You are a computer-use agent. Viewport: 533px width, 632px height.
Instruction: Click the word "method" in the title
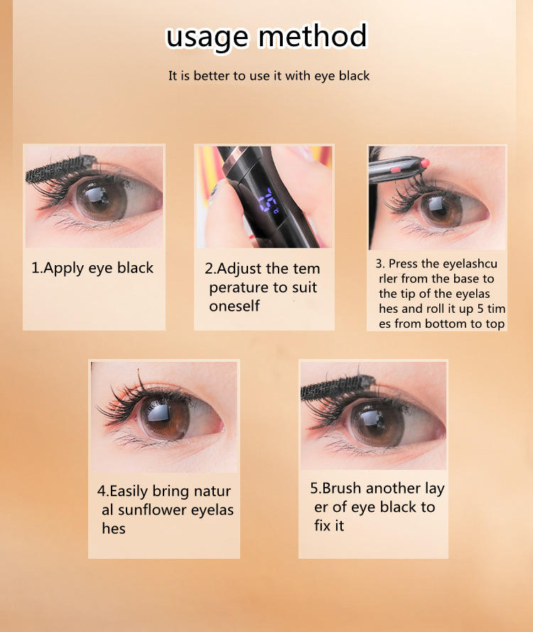coord(313,36)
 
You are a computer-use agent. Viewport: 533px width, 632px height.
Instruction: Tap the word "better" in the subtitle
coord(212,75)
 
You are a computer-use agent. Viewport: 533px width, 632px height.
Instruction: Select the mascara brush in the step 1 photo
coord(60,168)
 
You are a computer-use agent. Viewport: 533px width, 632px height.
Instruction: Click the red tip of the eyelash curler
coord(424,164)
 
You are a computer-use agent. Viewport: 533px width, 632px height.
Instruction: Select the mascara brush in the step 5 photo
coord(338,387)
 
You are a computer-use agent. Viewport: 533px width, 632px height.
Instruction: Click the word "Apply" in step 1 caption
coord(64,269)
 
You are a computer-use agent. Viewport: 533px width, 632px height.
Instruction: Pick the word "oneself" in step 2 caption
coord(235,306)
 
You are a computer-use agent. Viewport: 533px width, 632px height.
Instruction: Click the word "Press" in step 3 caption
coord(403,264)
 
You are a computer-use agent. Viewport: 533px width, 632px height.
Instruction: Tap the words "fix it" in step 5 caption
coord(329,525)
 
